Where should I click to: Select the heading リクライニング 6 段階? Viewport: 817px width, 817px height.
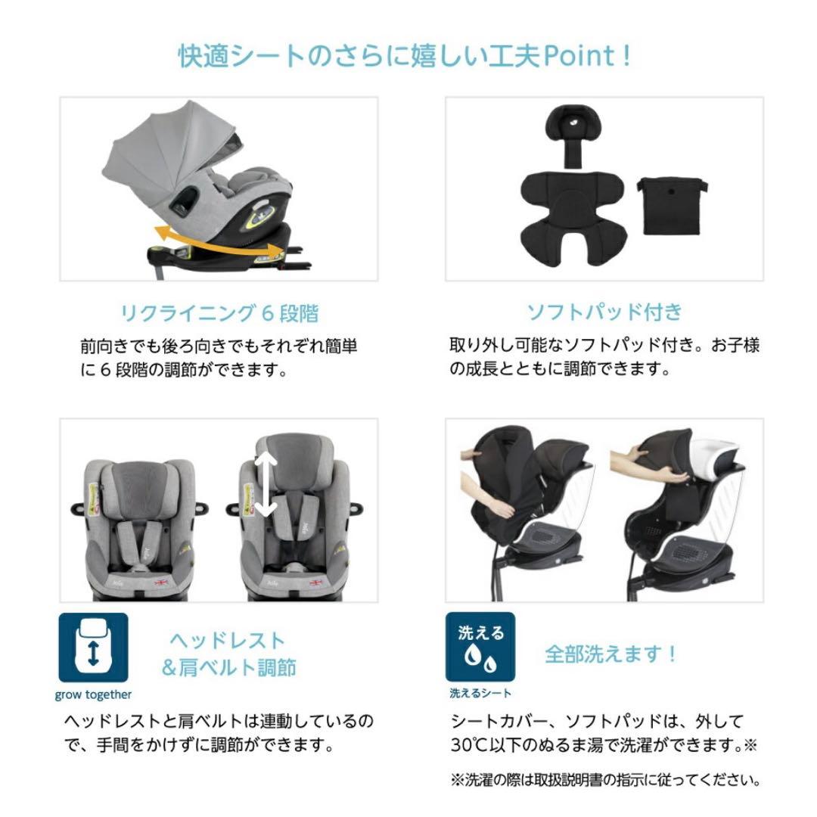point(219,312)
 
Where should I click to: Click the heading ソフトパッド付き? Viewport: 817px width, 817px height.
point(604,312)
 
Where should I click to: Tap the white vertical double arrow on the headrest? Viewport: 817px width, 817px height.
point(266,485)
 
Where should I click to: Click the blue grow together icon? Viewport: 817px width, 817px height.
point(93,648)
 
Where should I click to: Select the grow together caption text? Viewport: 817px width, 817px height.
point(93,694)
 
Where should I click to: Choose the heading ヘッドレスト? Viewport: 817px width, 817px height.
point(227,641)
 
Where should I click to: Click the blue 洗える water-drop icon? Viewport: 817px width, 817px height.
point(480,648)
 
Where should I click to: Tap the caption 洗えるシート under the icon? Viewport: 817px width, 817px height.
point(480,693)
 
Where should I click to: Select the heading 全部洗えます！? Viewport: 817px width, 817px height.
point(611,654)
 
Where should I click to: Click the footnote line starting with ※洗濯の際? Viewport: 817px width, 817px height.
point(604,780)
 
